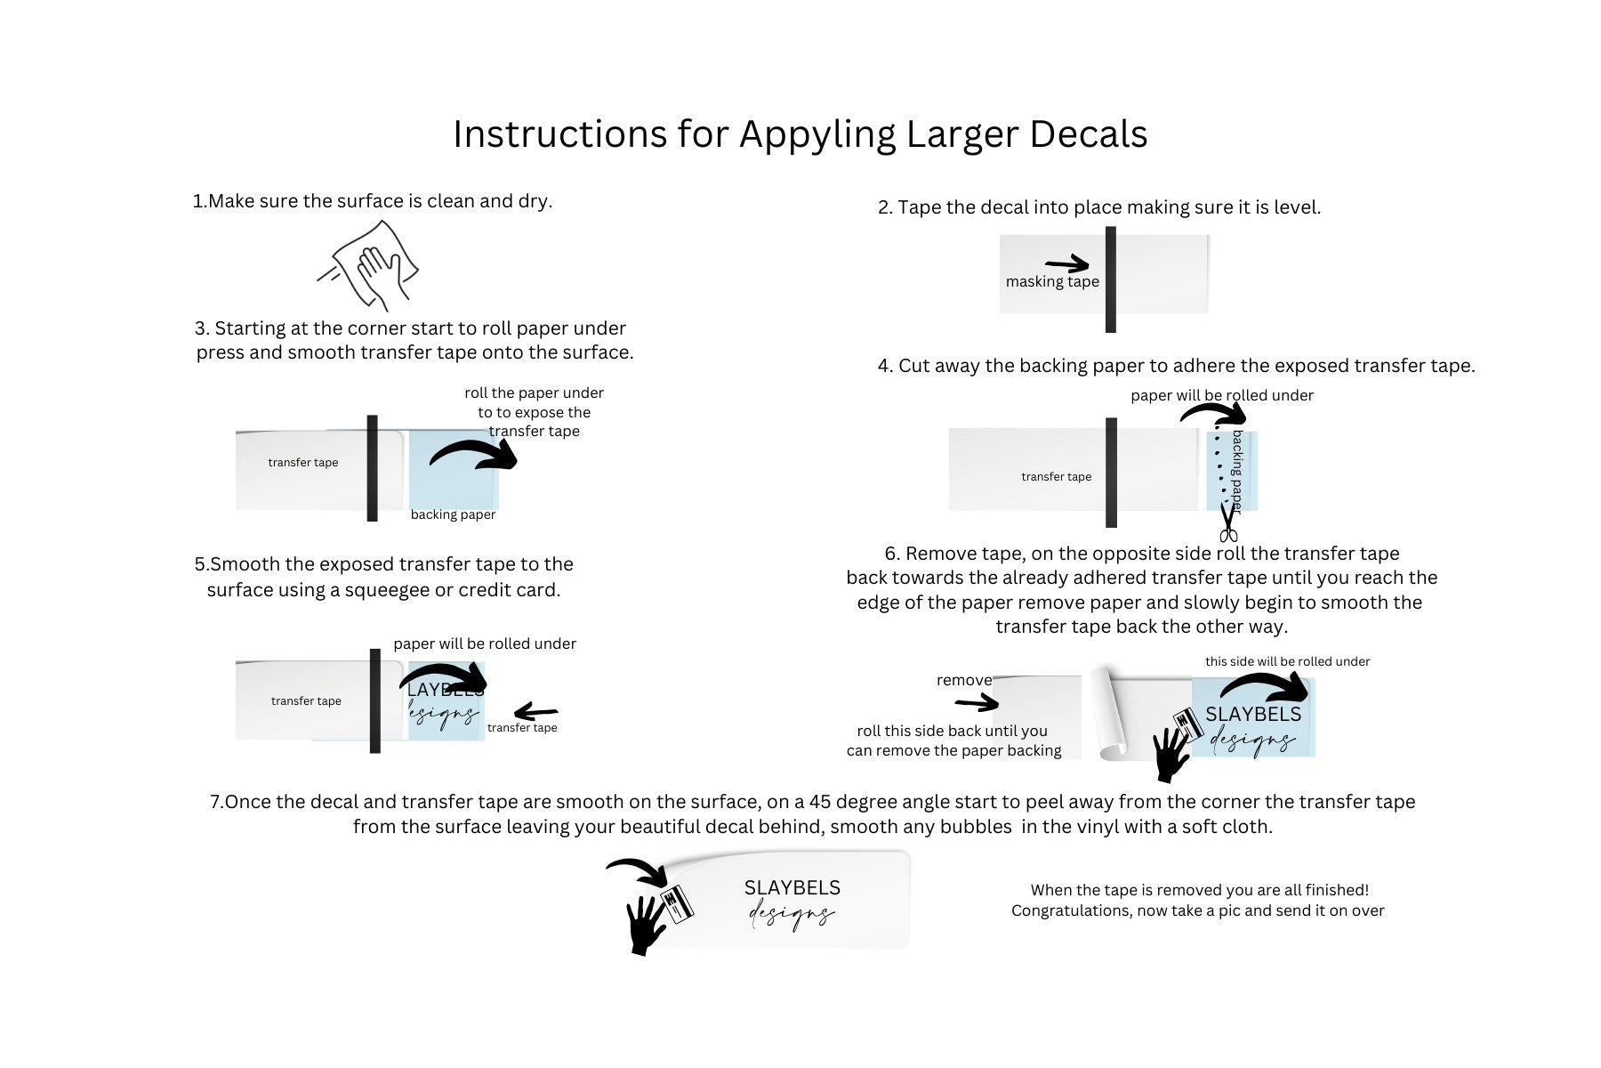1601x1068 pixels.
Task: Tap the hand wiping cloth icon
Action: click(x=369, y=264)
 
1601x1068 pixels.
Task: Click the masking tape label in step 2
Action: click(x=1052, y=282)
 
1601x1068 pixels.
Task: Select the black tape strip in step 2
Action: click(x=1110, y=279)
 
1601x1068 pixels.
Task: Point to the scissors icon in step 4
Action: click(x=1228, y=523)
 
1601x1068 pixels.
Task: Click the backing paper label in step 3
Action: click(x=453, y=514)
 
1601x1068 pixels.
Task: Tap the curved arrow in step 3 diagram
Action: click(x=475, y=453)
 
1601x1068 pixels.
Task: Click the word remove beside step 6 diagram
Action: click(x=963, y=680)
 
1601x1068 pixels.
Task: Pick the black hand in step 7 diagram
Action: click(x=647, y=924)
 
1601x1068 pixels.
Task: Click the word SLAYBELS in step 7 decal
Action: click(x=792, y=887)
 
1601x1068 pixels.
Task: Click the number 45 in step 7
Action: click(x=822, y=802)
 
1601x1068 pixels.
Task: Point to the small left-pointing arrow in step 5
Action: click(x=535, y=712)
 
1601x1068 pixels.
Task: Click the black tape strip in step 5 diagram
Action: click(x=374, y=700)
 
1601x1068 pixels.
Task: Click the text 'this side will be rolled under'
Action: click(x=1287, y=661)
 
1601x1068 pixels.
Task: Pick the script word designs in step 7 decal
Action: click(x=791, y=915)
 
